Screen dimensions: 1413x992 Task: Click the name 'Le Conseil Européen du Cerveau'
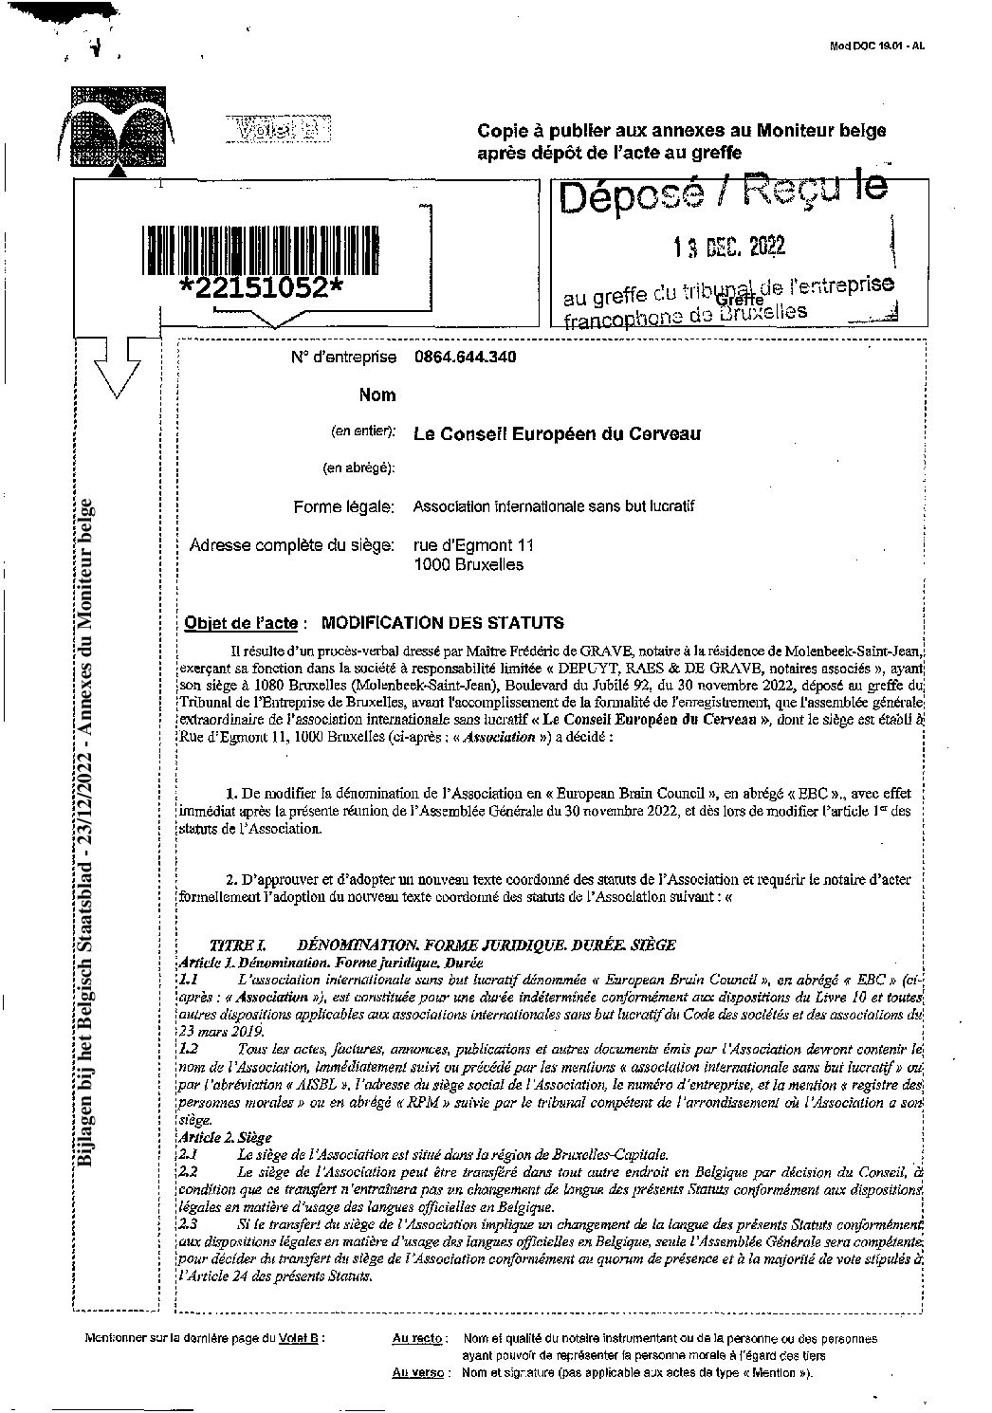coord(557,434)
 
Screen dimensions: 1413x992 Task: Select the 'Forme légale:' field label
coord(343,507)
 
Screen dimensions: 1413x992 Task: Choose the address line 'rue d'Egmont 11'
coord(473,546)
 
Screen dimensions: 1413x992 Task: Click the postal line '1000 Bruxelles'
coord(468,565)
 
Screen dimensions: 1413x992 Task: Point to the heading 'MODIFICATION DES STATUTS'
coord(442,623)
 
